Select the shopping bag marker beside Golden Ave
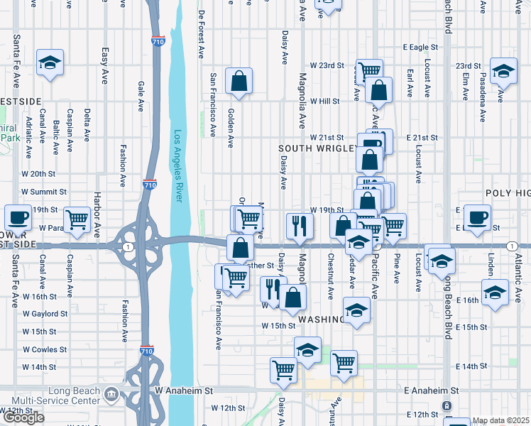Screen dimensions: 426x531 click(x=239, y=82)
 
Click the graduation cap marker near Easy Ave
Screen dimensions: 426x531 click(x=50, y=63)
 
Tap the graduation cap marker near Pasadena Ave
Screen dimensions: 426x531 click(x=503, y=71)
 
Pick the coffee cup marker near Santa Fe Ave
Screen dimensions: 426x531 click(x=18, y=218)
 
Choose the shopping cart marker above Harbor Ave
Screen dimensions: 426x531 click(x=77, y=220)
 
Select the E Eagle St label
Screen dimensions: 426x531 click(x=422, y=47)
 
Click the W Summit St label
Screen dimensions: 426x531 click(x=44, y=192)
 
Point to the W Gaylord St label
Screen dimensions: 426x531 click(x=45, y=313)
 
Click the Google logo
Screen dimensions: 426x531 click(x=23, y=417)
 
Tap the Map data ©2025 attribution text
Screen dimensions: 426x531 click(x=500, y=420)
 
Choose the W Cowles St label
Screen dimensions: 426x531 click(x=45, y=349)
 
